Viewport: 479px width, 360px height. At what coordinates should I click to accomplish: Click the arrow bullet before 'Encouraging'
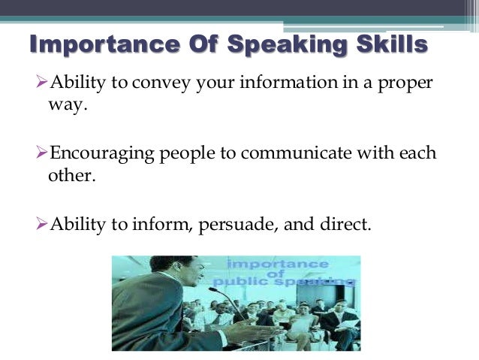42,154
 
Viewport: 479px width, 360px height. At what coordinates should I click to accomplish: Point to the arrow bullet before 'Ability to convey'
42,83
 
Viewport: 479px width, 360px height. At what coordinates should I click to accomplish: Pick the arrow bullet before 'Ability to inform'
42,225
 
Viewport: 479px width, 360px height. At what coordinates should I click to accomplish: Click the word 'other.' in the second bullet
68,177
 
